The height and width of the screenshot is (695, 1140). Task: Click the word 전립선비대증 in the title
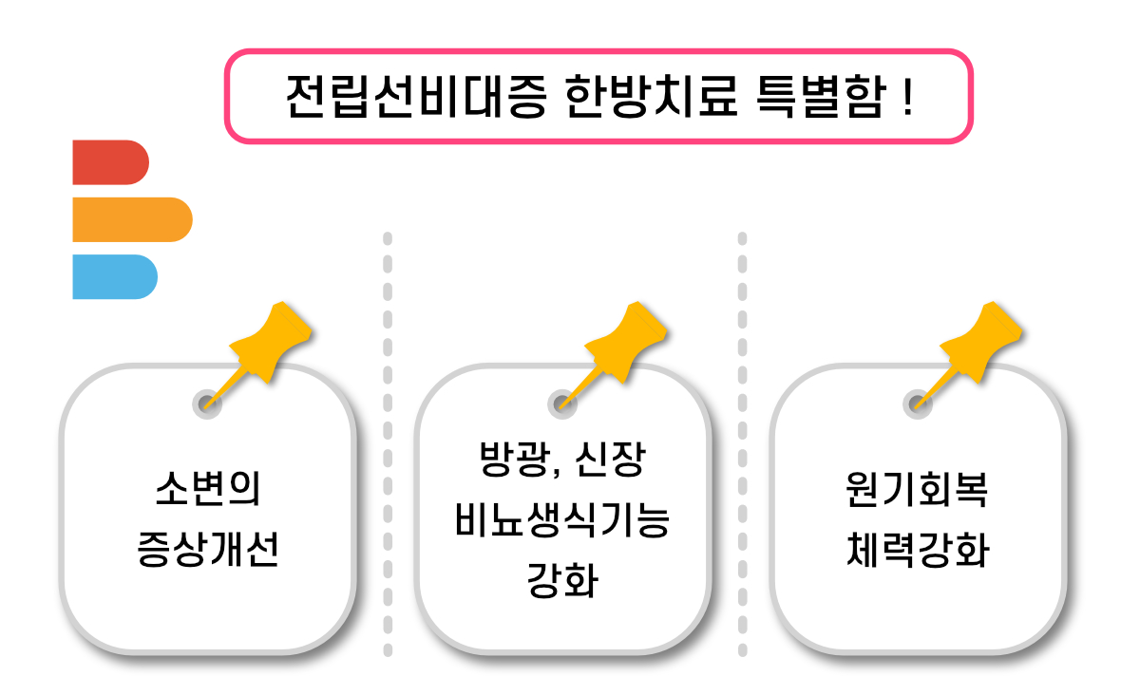[x=415, y=96]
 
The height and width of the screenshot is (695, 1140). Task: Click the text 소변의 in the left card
[x=207, y=493]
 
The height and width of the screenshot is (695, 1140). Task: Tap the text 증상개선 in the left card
[x=207, y=550]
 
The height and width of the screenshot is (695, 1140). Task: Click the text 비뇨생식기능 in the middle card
[x=562, y=521]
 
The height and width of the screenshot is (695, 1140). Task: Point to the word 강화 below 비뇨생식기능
[x=562, y=580]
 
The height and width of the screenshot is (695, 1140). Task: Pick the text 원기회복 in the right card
[x=917, y=493]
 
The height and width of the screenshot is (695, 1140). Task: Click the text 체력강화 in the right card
[x=917, y=550]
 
